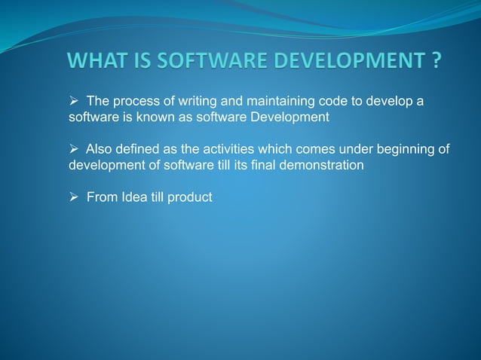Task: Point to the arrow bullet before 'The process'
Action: click(74, 102)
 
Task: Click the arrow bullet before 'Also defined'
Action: click(74, 150)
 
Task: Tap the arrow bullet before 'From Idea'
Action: click(74, 197)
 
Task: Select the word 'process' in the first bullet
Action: click(135, 102)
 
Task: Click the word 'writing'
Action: click(188, 102)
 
